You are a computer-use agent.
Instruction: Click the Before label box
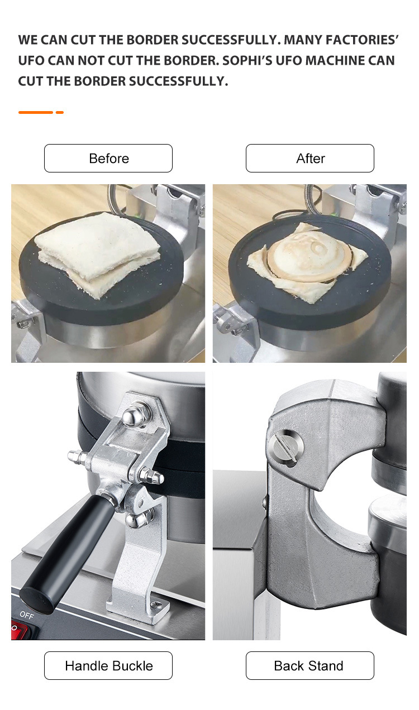pyautogui.click(x=108, y=158)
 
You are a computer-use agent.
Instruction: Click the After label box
pyautogui.click(x=310, y=158)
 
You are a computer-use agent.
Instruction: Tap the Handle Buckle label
pyautogui.click(x=108, y=665)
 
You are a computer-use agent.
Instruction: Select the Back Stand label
pyautogui.click(x=310, y=665)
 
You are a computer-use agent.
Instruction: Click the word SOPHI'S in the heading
pyautogui.click(x=247, y=60)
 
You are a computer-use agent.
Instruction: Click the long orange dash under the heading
pyautogui.click(x=36, y=112)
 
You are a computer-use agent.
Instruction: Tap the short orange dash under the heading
pyautogui.click(x=60, y=112)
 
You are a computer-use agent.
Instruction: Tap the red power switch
pyautogui.click(x=19, y=627)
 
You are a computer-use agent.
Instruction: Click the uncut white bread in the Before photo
pyautogui.click(x=97, y=253)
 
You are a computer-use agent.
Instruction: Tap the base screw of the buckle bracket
pyautogui.click(x=156, y=605)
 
